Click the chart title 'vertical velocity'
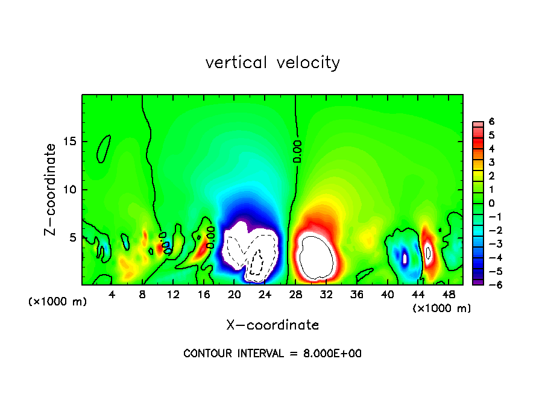(272, 63)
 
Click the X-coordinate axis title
(272, 325)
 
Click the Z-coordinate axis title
(51, 189)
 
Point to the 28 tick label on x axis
(295, 295)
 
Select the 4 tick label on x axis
(112, 295)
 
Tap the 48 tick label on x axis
(449, 295)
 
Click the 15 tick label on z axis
(71, 142)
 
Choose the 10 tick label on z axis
(71, 190)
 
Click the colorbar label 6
(491, 121)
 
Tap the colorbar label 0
(491, 203)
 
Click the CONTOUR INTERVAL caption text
(272, 354)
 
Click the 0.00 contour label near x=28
(297, 151)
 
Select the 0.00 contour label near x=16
(210, 237)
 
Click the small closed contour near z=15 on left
(104, 148)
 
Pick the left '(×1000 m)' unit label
(58, 302)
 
